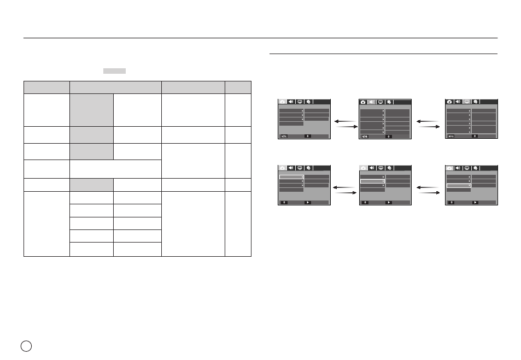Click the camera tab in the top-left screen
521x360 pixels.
(283, 102)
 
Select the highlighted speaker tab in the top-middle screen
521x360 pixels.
(372, 102)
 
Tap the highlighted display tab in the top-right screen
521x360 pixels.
(467, 102)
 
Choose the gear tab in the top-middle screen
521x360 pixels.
(389, 102)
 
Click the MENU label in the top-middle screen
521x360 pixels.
(365, 137)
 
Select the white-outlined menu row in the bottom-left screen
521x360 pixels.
(291, 177)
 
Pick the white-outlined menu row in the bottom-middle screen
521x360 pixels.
(372, 181)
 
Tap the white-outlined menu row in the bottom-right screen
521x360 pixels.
(459, 186)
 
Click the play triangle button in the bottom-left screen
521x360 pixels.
(308, 202)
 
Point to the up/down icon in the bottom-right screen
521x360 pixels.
(451, 202)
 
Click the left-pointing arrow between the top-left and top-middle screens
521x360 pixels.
(344, 121)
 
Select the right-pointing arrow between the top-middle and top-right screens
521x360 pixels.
(429, 127)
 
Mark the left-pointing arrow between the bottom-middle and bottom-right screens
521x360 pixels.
(428, 187)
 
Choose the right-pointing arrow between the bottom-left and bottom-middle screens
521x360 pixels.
(346, 193)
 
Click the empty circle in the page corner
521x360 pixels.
(26, 346)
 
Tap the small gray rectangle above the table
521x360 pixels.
(114, 70)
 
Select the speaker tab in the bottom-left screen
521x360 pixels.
(291, 168)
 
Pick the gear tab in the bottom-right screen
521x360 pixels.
(476, 168)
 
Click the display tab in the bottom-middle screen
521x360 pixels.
(381, 168)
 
